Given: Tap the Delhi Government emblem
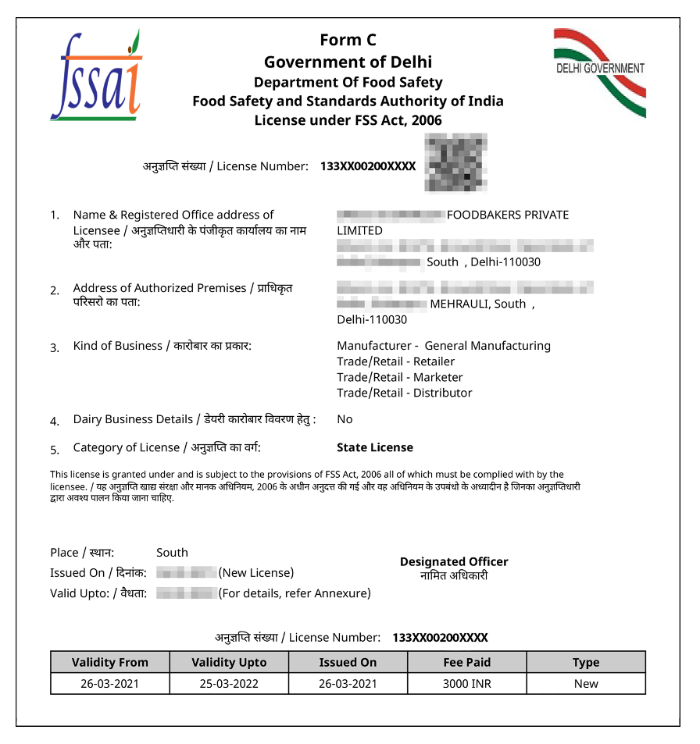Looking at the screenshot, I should tap(600, 72).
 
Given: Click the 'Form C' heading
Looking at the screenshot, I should tap(348, 40).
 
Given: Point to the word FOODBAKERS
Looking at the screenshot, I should tap(483, 215).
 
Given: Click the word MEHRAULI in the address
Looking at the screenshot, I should tap(459, 304).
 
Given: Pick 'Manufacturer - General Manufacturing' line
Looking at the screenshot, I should tap(444, 346).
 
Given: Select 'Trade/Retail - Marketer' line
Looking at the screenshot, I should tap(400, 377).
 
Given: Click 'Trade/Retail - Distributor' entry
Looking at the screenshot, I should tap(405, 393).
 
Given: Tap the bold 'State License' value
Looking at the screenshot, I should tap(375, 447).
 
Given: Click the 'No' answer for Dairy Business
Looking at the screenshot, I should tap(345, 419).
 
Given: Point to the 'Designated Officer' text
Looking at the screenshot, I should tap(454, 561).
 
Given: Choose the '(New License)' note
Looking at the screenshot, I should tap(256, 572).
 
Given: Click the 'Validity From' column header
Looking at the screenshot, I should tap(110, 662).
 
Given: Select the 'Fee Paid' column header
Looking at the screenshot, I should tap(467, 662).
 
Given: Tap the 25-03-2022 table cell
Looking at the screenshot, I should tap(229, 684).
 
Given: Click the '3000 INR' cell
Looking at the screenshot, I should tap(467, 684).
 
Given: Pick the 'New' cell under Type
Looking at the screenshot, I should tap(586, 684).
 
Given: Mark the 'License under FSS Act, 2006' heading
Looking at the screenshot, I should tap(348, 120).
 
